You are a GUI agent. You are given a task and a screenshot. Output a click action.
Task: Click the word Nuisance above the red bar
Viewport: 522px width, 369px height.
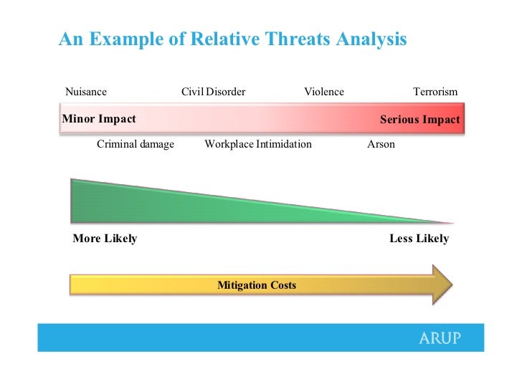click(86, 92)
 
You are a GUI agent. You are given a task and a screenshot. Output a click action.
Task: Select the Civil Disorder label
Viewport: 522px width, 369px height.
click(214, 92)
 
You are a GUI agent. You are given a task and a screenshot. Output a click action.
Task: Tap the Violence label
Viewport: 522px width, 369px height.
click(324, 92)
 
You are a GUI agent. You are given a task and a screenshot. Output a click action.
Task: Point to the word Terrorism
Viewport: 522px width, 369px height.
click(435, 92)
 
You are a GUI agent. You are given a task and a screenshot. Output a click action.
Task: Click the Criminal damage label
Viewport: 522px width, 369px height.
click(136, 144)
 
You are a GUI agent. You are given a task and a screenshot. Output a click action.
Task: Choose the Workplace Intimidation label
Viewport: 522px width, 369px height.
click(258, 144)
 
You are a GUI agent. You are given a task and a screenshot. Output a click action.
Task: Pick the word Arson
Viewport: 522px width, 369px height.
click(381, 144)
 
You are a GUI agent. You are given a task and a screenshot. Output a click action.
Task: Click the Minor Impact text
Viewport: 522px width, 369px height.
click(99, 119)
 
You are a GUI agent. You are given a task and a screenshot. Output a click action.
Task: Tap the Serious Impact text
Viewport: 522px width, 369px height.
click(419, 120)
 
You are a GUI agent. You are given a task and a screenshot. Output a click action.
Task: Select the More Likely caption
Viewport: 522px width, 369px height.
click(105, 238)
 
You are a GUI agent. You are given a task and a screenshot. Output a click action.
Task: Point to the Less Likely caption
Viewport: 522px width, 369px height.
click(419, 238)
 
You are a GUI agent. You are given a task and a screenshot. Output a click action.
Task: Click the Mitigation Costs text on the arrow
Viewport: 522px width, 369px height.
click(257, 285)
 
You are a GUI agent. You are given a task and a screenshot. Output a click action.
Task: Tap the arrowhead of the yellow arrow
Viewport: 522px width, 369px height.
click(442, 285)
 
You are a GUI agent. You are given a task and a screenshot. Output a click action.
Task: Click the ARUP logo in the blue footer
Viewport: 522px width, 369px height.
click(440, 338)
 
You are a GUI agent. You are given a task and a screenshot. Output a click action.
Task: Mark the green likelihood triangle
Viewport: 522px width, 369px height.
click(166, 206)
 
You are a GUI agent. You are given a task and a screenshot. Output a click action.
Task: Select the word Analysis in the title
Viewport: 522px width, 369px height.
click(371, 39)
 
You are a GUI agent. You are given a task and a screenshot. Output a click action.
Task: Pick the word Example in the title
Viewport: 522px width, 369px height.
click(126, 39)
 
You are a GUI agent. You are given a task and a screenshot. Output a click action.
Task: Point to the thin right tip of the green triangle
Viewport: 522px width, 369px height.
click(453, 223)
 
